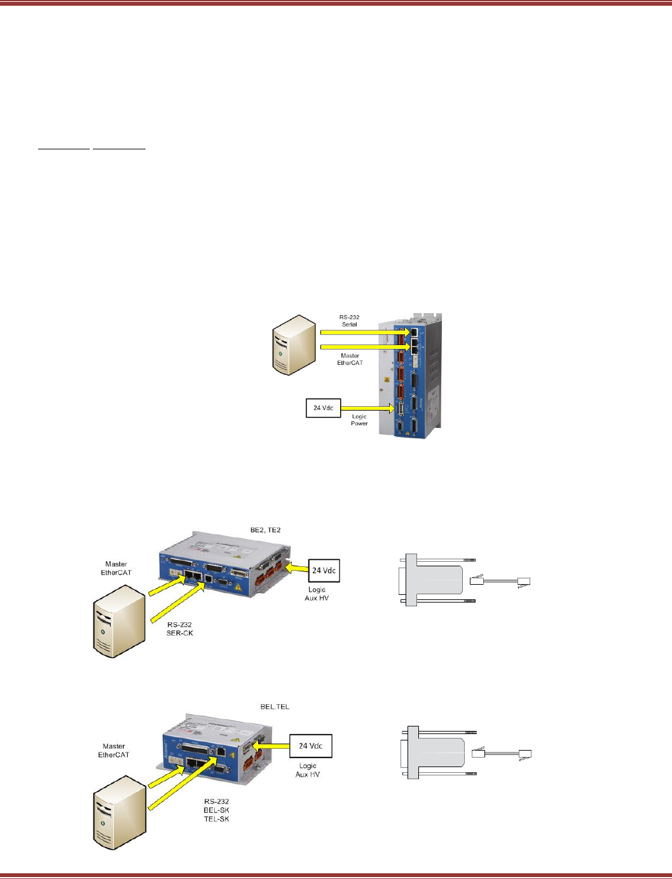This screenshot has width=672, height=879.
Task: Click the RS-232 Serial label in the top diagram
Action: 349,320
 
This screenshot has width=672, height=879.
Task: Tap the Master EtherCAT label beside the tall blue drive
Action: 350,359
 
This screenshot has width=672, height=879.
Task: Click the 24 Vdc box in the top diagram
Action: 323,408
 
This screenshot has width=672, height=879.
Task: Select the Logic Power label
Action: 359,419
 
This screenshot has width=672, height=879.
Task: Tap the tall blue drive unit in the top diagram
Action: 410,375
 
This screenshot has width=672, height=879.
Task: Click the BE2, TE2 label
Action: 265,529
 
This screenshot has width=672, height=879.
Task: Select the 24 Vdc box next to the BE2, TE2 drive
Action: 324,570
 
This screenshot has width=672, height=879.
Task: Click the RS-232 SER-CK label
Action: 180,629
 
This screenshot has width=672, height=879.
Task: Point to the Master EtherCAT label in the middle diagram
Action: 116,568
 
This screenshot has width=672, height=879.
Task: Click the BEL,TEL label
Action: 275,706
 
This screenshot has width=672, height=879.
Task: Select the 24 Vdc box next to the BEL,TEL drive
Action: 311,746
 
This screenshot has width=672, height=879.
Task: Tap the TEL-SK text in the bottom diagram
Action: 216,819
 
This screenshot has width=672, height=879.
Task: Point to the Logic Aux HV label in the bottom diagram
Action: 308,770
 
